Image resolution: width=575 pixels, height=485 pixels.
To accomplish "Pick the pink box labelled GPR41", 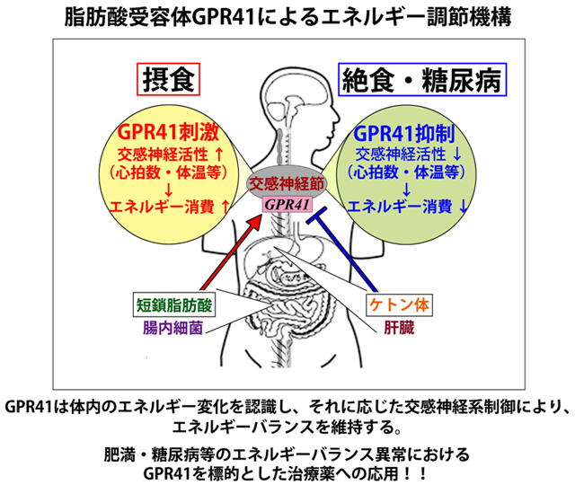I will (287, 206).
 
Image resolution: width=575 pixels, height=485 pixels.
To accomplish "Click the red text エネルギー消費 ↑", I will (170, 206).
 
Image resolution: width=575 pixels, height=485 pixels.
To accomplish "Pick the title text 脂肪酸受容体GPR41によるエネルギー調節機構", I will (287, 17).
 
